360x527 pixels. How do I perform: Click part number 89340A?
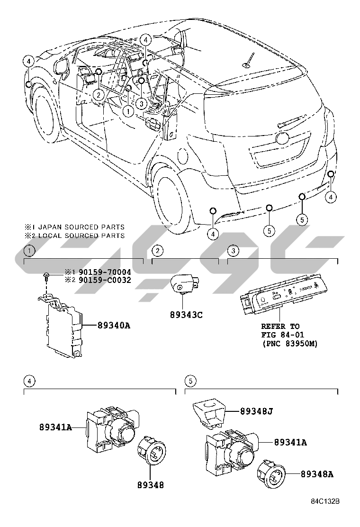pyautogui.click(x=114, y=325)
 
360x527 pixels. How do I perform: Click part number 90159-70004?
pyautogui.click(x=105, y=273)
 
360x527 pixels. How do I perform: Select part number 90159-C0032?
pyautogui.click(x=105, y=280)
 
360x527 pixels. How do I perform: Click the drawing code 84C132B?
pyautogui.click(x=326, y=501)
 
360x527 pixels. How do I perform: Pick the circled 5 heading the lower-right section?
pyautogui.click(x=189, y=380)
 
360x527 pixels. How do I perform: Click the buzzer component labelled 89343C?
pyautogui.click(x=182, y=285)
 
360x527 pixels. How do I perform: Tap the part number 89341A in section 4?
pyautogui.click(x=55, y=427)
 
